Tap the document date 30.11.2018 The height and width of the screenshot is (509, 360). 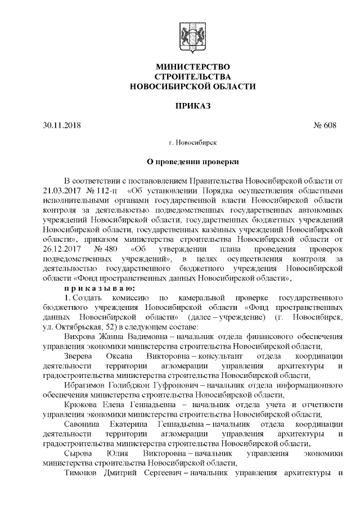coord(61,124)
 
